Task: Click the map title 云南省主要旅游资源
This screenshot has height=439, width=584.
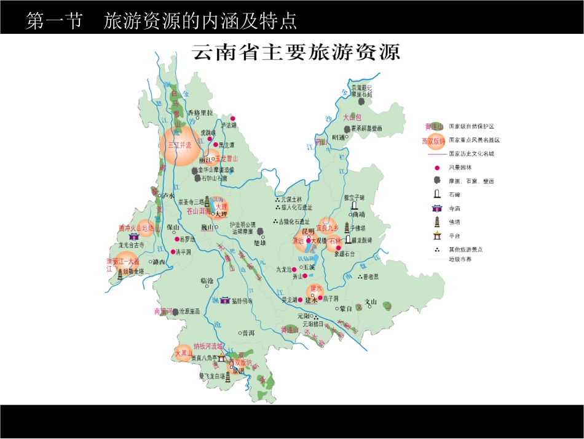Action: point(297,52)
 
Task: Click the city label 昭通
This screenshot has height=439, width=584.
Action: point(339,137)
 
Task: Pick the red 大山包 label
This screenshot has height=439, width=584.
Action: point(353,117)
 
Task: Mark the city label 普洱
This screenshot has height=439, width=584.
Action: point(248,332)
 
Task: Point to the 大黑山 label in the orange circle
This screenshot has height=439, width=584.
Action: point(183,353)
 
